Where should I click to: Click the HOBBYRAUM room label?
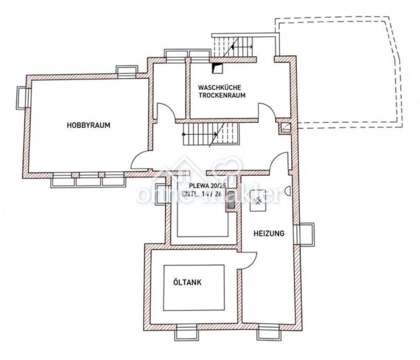coord(88,125)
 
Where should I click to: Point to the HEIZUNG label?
coord(269,233)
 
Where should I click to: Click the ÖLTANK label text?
coord(187,282)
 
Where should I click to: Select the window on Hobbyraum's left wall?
coord(22,98)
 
